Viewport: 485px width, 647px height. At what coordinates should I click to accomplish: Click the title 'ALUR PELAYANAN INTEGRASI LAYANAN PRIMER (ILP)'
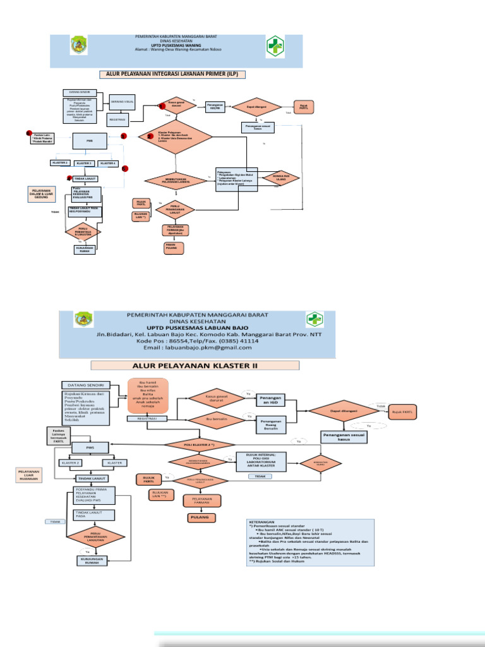pyautogui.click(x=172, y=75)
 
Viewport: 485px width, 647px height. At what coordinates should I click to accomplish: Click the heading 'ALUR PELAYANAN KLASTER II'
pyautogui.click(x=195, y=365)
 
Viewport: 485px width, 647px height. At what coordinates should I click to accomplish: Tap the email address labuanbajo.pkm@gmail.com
pyautogui.click(x=197, y=348)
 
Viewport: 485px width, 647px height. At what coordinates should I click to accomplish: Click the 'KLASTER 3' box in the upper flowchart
pyautogui.click(x=84, y=163)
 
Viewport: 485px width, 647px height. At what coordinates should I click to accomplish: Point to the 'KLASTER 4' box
pyautogui.click(x=108, y=163)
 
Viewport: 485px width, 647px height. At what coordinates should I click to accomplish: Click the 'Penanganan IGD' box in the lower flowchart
pyautogui.click(x=270, y=399)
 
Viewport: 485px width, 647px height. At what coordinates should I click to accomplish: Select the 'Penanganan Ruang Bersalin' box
pyautogui.click(x=270, y=423)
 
